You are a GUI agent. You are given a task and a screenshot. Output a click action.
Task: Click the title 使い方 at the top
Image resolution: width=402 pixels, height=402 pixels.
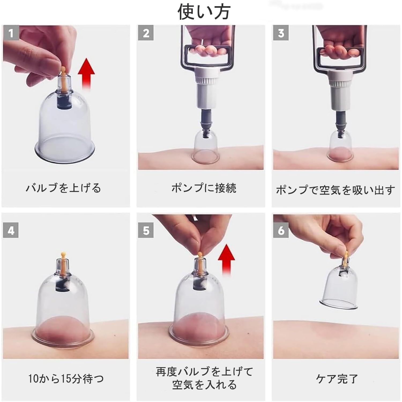[204, 12]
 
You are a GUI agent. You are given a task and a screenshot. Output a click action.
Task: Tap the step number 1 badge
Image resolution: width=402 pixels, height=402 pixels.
[11, 33]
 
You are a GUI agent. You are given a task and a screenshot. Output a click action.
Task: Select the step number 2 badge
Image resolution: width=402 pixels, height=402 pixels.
[146, 33]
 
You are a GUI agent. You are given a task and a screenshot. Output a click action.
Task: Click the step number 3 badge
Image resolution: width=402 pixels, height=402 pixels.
[281, 33]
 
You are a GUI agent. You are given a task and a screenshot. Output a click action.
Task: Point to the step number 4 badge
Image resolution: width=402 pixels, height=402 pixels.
[11, 230]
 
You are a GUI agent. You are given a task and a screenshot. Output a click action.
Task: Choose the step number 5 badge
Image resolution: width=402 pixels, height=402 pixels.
[146, 230]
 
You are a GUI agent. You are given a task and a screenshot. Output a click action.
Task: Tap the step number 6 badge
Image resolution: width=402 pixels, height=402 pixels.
[281, 230]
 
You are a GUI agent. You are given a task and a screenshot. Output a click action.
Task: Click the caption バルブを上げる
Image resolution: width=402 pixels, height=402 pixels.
[64, 188]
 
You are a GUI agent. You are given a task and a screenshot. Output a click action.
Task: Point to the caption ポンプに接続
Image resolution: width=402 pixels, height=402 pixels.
[204, 188]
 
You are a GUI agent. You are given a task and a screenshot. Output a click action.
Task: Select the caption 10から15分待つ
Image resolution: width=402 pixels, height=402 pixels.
[66, 379]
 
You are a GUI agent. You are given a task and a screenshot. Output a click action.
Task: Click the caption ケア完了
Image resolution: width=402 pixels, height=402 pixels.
[337, 379]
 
